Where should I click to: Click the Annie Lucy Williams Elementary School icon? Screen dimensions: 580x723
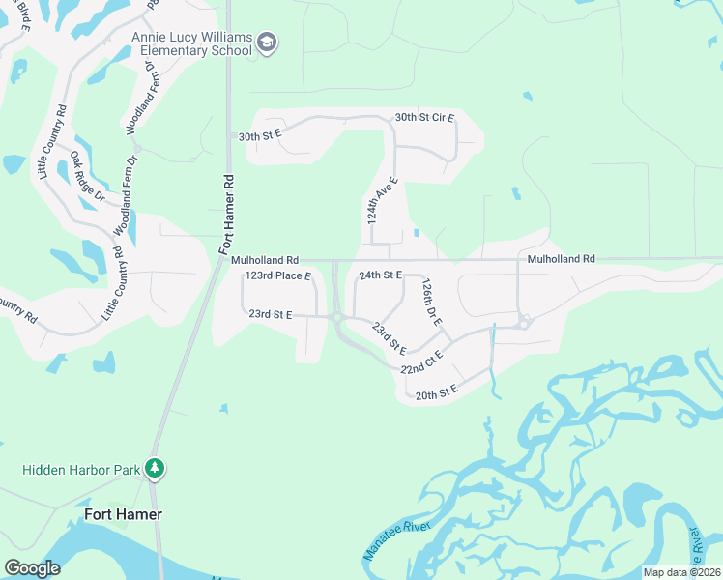click(267, 43)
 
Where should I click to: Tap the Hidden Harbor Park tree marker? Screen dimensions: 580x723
click(155, 469)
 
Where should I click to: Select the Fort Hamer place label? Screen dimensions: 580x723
click(123, 514)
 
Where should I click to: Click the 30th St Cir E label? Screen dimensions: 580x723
click(424, 118)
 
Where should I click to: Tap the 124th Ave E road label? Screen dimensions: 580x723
click(382, 200)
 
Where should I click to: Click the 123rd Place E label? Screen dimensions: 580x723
click(278, 275)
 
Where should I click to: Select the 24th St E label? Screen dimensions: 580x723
click(380, 275)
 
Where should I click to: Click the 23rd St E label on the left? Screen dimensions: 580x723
click(270, 314)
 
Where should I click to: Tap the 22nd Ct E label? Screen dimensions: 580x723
click(421, 362)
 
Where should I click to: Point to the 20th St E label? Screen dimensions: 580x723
click(435, 393)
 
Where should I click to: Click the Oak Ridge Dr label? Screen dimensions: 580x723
click(86, 176)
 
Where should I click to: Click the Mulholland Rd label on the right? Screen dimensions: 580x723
click(561, 259)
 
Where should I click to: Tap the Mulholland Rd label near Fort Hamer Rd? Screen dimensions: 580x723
click(265, 260)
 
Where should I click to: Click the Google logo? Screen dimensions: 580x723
click(32, 568)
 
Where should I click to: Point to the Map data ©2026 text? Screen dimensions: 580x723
click(681, 572)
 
